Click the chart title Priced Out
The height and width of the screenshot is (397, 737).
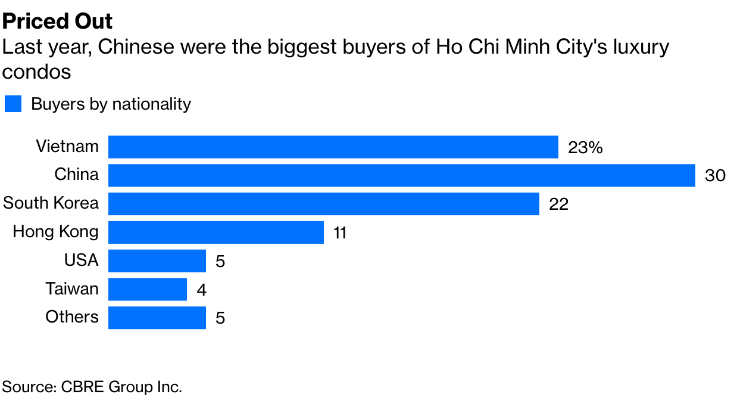[x=58, y=21]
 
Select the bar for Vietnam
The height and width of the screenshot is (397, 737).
[x=333, y=147]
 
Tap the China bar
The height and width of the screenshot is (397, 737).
[x=401, y=175]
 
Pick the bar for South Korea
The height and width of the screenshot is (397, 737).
[x=323, y=203]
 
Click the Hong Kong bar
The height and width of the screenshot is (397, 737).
[x=216, y=232]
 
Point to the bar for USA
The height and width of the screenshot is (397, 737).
[x=157, y=260]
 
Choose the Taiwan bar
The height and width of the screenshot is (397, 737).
[x=147, y=289]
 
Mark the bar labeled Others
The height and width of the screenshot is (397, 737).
[x=157, y=317]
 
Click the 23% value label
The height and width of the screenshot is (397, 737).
[x=585, y=147]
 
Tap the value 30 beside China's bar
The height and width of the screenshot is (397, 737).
[x=715, y=176]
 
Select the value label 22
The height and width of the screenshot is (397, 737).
[x=559, y=204]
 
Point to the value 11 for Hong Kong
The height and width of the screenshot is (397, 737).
[x=340, y=232]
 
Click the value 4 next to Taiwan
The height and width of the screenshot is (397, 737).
[x=201, y=290]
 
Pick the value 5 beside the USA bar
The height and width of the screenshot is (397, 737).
[x=220, y=261]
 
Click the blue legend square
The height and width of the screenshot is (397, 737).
[x=13, y=104]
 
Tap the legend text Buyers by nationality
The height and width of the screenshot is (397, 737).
[x=111, y=104]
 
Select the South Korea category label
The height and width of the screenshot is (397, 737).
[x=51, y=203]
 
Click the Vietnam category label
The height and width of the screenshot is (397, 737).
[x=67, y=146]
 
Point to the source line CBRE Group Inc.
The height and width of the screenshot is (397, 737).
[x=92, y=386]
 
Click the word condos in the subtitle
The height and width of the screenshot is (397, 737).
[x=37, y=72]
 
